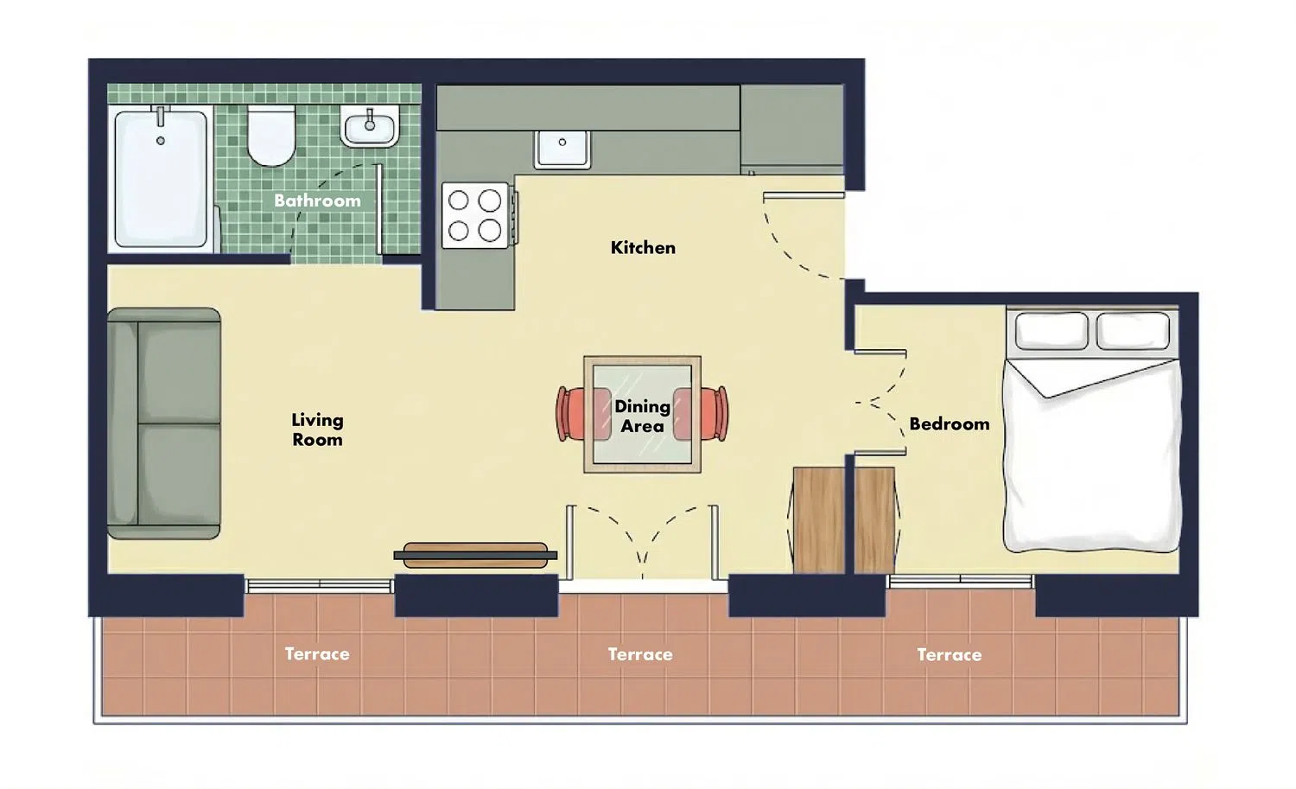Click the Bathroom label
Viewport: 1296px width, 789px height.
coord(317,200)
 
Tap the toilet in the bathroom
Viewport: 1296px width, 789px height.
coord(271,136)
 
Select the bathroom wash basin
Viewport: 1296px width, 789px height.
coord(370,126)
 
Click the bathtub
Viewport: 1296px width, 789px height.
coord(160,179)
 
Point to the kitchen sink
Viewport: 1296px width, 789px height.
coord(562,150)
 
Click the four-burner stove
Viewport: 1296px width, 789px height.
coord(475,215)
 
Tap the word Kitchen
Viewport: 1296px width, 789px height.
coord(643,248)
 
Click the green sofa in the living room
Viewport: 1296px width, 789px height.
coord(164,423)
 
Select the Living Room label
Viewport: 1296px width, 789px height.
coord(317,429)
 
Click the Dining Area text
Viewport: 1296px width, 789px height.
coord(642,417)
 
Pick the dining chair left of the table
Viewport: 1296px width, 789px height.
coord(582,414)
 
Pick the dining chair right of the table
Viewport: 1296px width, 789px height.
coord(702,414)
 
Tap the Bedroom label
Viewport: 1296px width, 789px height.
coord(950,424)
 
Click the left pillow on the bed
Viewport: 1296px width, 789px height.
coord(1051,330)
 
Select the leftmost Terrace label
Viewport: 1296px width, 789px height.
coord(317,654)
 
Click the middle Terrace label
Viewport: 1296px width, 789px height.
coord(640,655)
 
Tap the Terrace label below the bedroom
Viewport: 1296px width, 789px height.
coord(950,655)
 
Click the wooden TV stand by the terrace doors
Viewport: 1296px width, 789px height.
coord(475,555)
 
